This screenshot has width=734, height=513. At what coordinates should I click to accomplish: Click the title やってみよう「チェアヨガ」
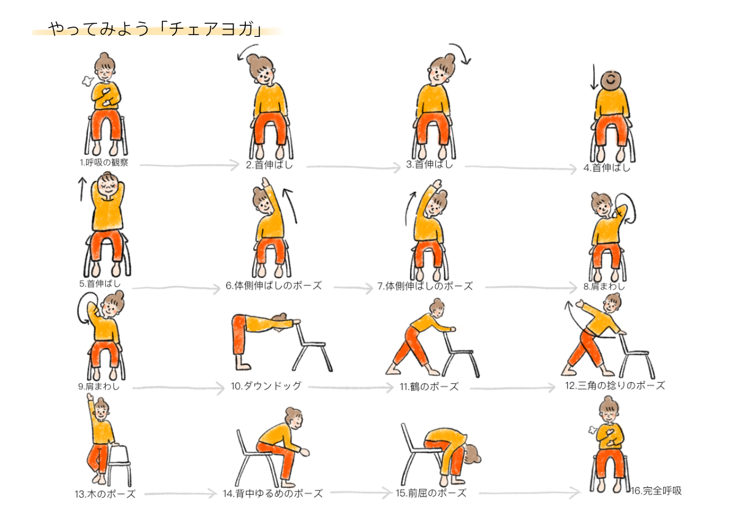point(156,29)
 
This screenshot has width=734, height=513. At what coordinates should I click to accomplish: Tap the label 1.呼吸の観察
point(104,162)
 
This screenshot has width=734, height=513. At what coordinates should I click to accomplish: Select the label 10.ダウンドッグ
point(266,386)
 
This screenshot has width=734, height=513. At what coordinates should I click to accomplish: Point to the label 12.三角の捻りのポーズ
point(615,386)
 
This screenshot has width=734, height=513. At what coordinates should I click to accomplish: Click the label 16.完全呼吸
point(656,491)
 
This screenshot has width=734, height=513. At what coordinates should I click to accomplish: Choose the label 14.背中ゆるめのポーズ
point(272,493)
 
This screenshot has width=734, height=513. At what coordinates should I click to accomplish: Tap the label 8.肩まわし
point(604,286)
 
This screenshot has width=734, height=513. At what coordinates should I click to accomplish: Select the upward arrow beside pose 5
point(82,189)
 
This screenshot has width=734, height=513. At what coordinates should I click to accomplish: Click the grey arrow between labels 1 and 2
point(189,165)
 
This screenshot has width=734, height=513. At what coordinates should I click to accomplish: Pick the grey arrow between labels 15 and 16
point(529,493)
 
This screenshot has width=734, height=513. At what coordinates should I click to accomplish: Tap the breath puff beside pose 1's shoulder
point(87,81)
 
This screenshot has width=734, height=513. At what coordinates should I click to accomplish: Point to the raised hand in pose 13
point(89,397)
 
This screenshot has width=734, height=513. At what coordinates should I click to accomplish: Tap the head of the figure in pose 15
point(472,455)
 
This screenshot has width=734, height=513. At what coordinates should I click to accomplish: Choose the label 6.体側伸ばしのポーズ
point(274,286)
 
